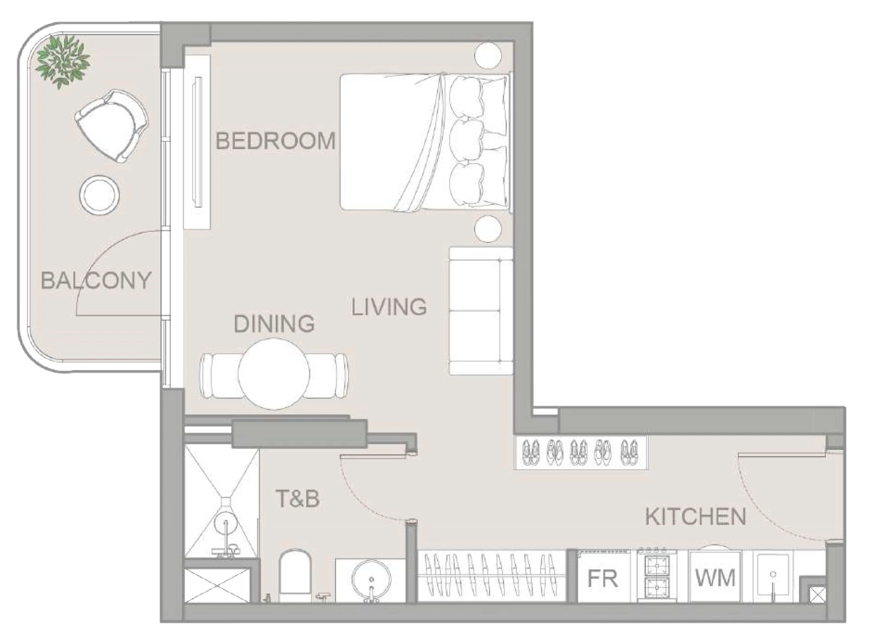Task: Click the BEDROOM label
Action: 275,141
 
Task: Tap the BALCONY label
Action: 96,281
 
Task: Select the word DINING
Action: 274,324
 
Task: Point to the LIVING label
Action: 389,307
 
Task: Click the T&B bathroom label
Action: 298,499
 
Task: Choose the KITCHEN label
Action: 696,517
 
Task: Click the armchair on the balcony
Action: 111,126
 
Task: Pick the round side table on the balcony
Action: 99,194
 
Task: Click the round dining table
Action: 274,374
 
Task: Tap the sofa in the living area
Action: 481,311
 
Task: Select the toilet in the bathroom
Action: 294,576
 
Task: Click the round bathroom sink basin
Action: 371,579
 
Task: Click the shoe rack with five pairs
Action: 581,452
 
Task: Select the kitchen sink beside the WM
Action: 773,575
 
